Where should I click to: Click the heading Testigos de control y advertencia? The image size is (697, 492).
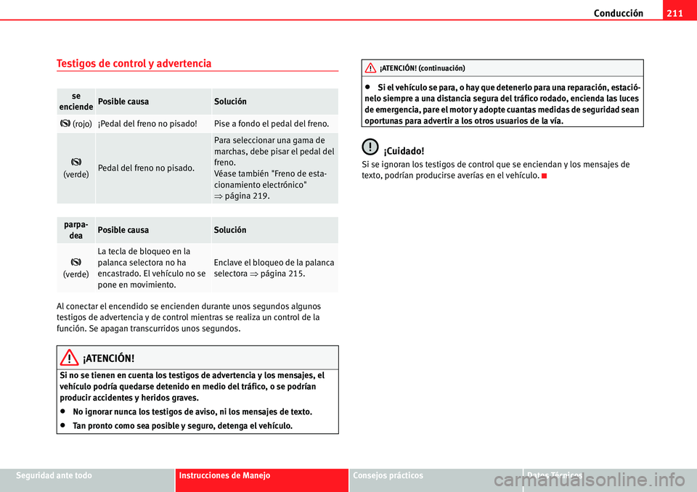(x=134, y=63)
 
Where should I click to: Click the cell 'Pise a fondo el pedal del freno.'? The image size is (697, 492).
(x=274, y=124)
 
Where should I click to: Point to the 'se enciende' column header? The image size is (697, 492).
(x=76, y=101)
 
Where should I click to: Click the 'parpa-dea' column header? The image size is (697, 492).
(x=76, y=229)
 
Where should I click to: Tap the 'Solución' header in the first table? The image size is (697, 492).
(x=230, y=102)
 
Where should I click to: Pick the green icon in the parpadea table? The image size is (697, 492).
(x=76, y=261)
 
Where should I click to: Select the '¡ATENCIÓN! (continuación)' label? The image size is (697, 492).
(x=422, y=68)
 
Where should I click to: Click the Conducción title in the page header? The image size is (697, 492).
(x=618, y=12)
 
